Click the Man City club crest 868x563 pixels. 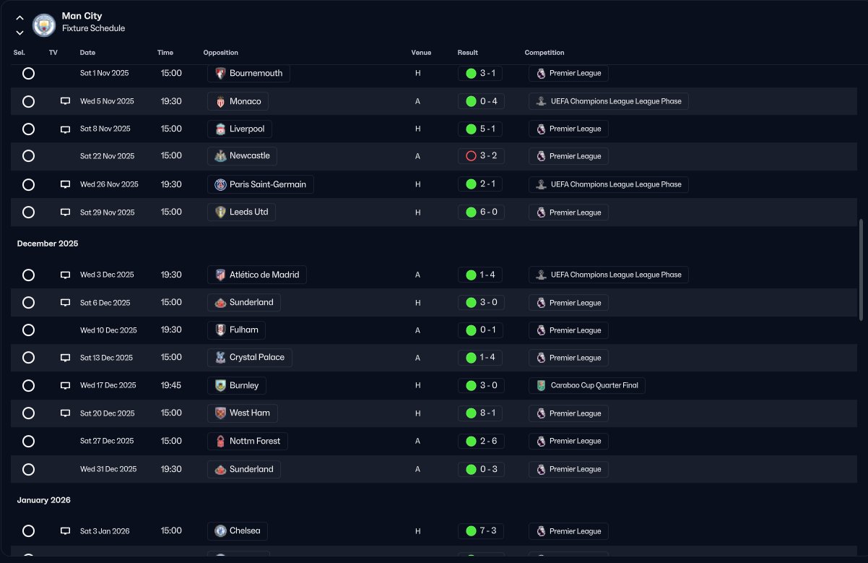pyautogui.click(x=44, y=25)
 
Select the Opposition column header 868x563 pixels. pyautogui.click(x=220, y=53)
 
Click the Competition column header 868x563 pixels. pyautogui.click(x=544, y=53)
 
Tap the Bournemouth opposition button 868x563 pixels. pyautogui.click(x=248, y=73)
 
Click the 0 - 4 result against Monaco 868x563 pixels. pyautogui.click(x=481, y=101)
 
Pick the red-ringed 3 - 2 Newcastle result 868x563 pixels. pyautogui.click(x=481, y=156)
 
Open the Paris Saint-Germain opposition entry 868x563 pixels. pyautogui.click(x=260, y=184)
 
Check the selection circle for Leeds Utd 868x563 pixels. pyautogui.click(x=28, y=212)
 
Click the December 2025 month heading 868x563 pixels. pyautogui.click(x=48, y=244)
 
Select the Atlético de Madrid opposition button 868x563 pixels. pyautogui.click(x=256, y=275)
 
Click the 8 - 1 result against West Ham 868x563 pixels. pyautogui.click(x=481, y=413)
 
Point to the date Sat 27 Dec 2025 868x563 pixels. pyautogui.click(x=107, y=441)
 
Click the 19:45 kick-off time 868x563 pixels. pyautogui.click(x=171, y=385)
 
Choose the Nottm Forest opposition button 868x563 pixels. pyautogui.click(x=248, y=441)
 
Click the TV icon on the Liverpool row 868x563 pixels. pyautogui.click(x=65, y=129)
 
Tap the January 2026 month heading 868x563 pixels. pyautogui.click(x=44, y=500)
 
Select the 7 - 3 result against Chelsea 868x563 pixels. pyautogui.click(x=481, y=531)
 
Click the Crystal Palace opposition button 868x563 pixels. pyautogui.click(x=249, y=358)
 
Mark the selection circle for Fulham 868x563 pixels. pyautogui.click(x=28, y=330)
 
